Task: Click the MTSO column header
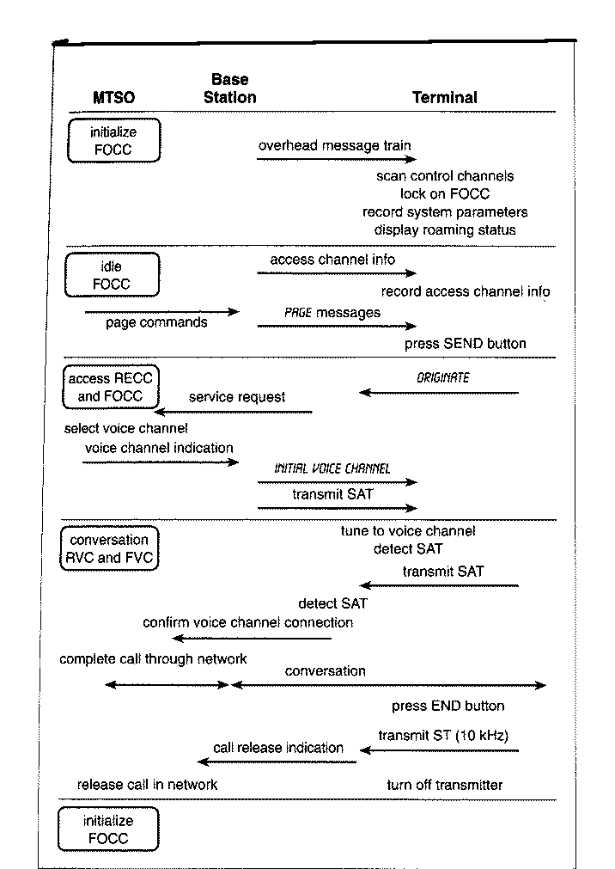[x=113, y=97]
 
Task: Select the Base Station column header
[x=230, y=89]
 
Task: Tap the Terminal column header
[x=444, y=97]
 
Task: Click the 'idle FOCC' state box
[x=112, y=275]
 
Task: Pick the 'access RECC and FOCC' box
[x=110, y=387]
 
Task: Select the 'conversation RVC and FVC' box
[x=109, y=548]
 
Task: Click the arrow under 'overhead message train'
[x=337, y=160]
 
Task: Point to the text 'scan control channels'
[x=445, y=176]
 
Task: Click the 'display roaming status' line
[x=445, y=230]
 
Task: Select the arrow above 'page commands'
[x=161, y=312]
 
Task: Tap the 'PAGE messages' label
[x=332, y=313]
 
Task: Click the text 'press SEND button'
[x=465, y=344]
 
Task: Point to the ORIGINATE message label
[x=442, y=378]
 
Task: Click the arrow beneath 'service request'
[x=233, y=413]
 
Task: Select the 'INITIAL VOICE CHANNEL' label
[x=332, y=468]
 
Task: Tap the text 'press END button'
[x=448, y=706]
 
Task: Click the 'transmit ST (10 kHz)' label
[x=443, y=736]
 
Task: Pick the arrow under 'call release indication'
[x=277, y=762]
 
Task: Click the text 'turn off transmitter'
[x=444, y=785]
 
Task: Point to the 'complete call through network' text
[x=153, y=659]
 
